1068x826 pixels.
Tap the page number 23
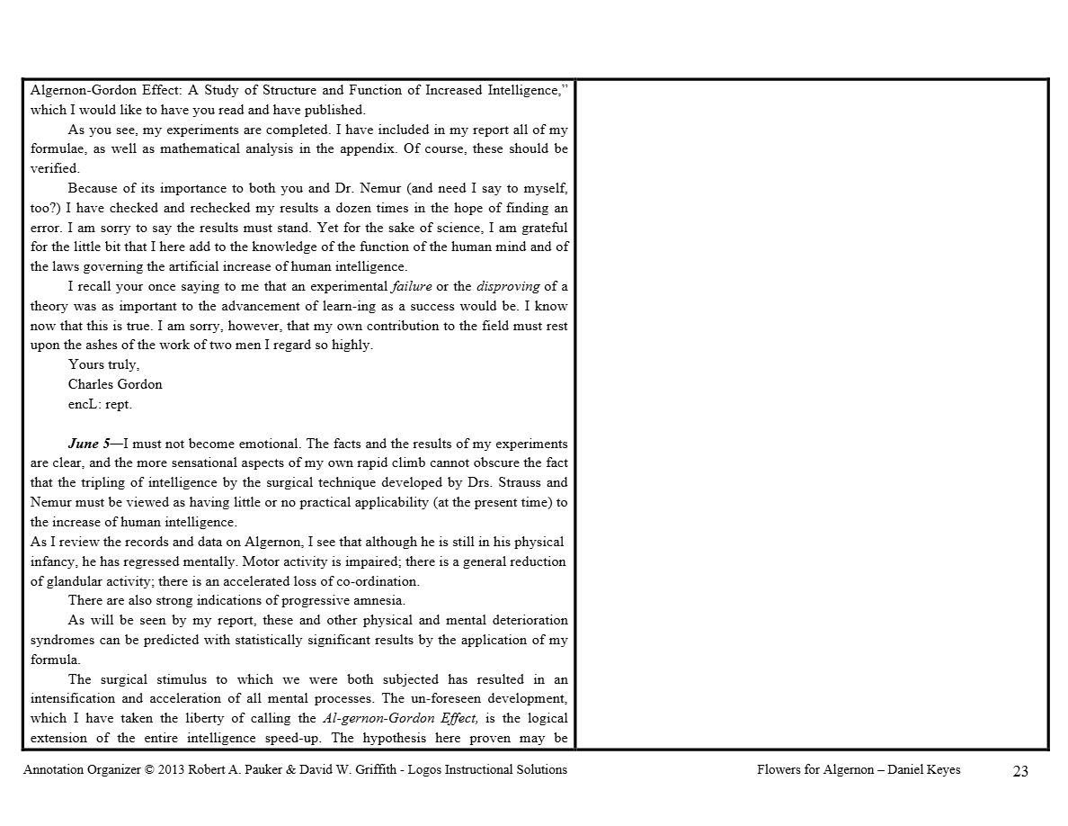[x=1019, y=771]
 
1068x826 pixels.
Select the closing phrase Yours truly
[x=103, y=364]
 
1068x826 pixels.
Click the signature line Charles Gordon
[x=115, y=384]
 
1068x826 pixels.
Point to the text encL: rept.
[x=100, y=404]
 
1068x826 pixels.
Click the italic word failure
[x=411, y=286]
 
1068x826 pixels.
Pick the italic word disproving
[x=508, y=286]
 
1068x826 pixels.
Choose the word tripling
[x=105, y=482]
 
